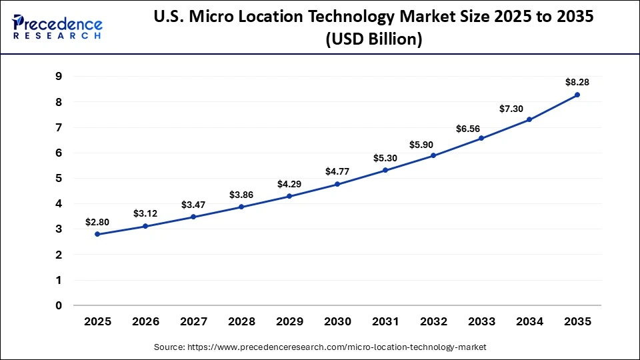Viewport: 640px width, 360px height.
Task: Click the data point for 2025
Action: pyautogui.click(x=97, y=234)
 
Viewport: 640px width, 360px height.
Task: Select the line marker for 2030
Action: pyautogui.click(x=337, y=184)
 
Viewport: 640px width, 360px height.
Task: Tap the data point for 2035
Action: pyautogui.click(x=577, y=95)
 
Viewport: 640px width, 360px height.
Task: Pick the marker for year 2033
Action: pyautogui.click(x=481, y=138)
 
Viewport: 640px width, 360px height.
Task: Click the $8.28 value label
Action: pyautogui.click(x=577, y=81)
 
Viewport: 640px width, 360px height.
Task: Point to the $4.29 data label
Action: pyautogui.click(x=289, y=183)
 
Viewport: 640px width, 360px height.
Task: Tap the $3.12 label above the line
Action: pyautogui.click(x=145, y=213)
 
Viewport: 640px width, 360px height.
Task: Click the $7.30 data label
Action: pyautogui.click(x=529, y=107)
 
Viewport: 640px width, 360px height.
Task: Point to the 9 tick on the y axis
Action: pyautogui.click(x=59, y=77)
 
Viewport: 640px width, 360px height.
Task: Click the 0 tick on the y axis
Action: pyautogui.click(x=59, y=306)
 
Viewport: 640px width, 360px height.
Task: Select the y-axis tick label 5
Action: pyautogui.click(x=59, y=179)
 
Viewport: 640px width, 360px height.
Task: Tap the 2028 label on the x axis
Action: pyautogui.click(x=241, y=322)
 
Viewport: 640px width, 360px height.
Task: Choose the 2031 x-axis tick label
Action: pyautogui.click(x=385, y=322)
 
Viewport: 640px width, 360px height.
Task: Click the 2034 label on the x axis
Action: pyautogui.click(x=529, y=322)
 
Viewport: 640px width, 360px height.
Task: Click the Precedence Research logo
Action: pyautogui.click(x=57, y=27)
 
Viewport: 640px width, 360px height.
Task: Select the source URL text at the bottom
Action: pyautogui.click(x=320, y=347)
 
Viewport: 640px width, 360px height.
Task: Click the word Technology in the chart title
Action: pyautogui.click(x=395, y=18)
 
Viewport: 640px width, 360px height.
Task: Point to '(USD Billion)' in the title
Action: pyautogui.click(x=373, y=39)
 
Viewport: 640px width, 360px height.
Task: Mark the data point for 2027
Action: pyautogui.click(x=193, y=217)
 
